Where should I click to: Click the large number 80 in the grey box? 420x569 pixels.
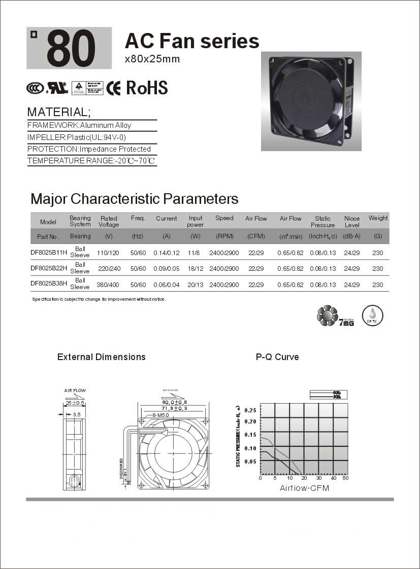[x=71, y=49]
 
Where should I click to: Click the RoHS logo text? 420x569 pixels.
[x=146, y=88]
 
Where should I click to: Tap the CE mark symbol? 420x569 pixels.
[x=113, y=88]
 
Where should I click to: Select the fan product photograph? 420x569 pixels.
[x=311, y=101]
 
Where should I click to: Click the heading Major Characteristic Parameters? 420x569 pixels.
[x=134, y=198]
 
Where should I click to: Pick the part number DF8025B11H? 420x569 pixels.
[x=49, y=252]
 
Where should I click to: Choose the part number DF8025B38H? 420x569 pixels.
[x=49, y=284]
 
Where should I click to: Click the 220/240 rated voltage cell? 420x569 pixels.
[x=109, y=268]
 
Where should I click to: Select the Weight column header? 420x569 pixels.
[x=378, y=218]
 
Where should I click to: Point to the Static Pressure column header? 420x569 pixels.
[x=322, y=222]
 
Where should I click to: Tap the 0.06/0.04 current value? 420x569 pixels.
[x=167, y=284]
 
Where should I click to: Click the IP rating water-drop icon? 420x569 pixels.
[x=372, y=315]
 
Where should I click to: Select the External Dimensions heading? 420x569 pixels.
[x=102, y=357]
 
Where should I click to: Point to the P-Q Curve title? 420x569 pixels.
[x=277, y=357]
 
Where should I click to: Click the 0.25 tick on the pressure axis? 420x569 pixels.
[x=250, y=410]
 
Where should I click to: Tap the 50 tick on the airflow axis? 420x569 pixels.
[x=345, y=478]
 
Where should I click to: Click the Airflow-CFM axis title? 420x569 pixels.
[x=304, y=488]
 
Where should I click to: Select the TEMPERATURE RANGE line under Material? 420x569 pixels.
[x=91, y=161]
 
